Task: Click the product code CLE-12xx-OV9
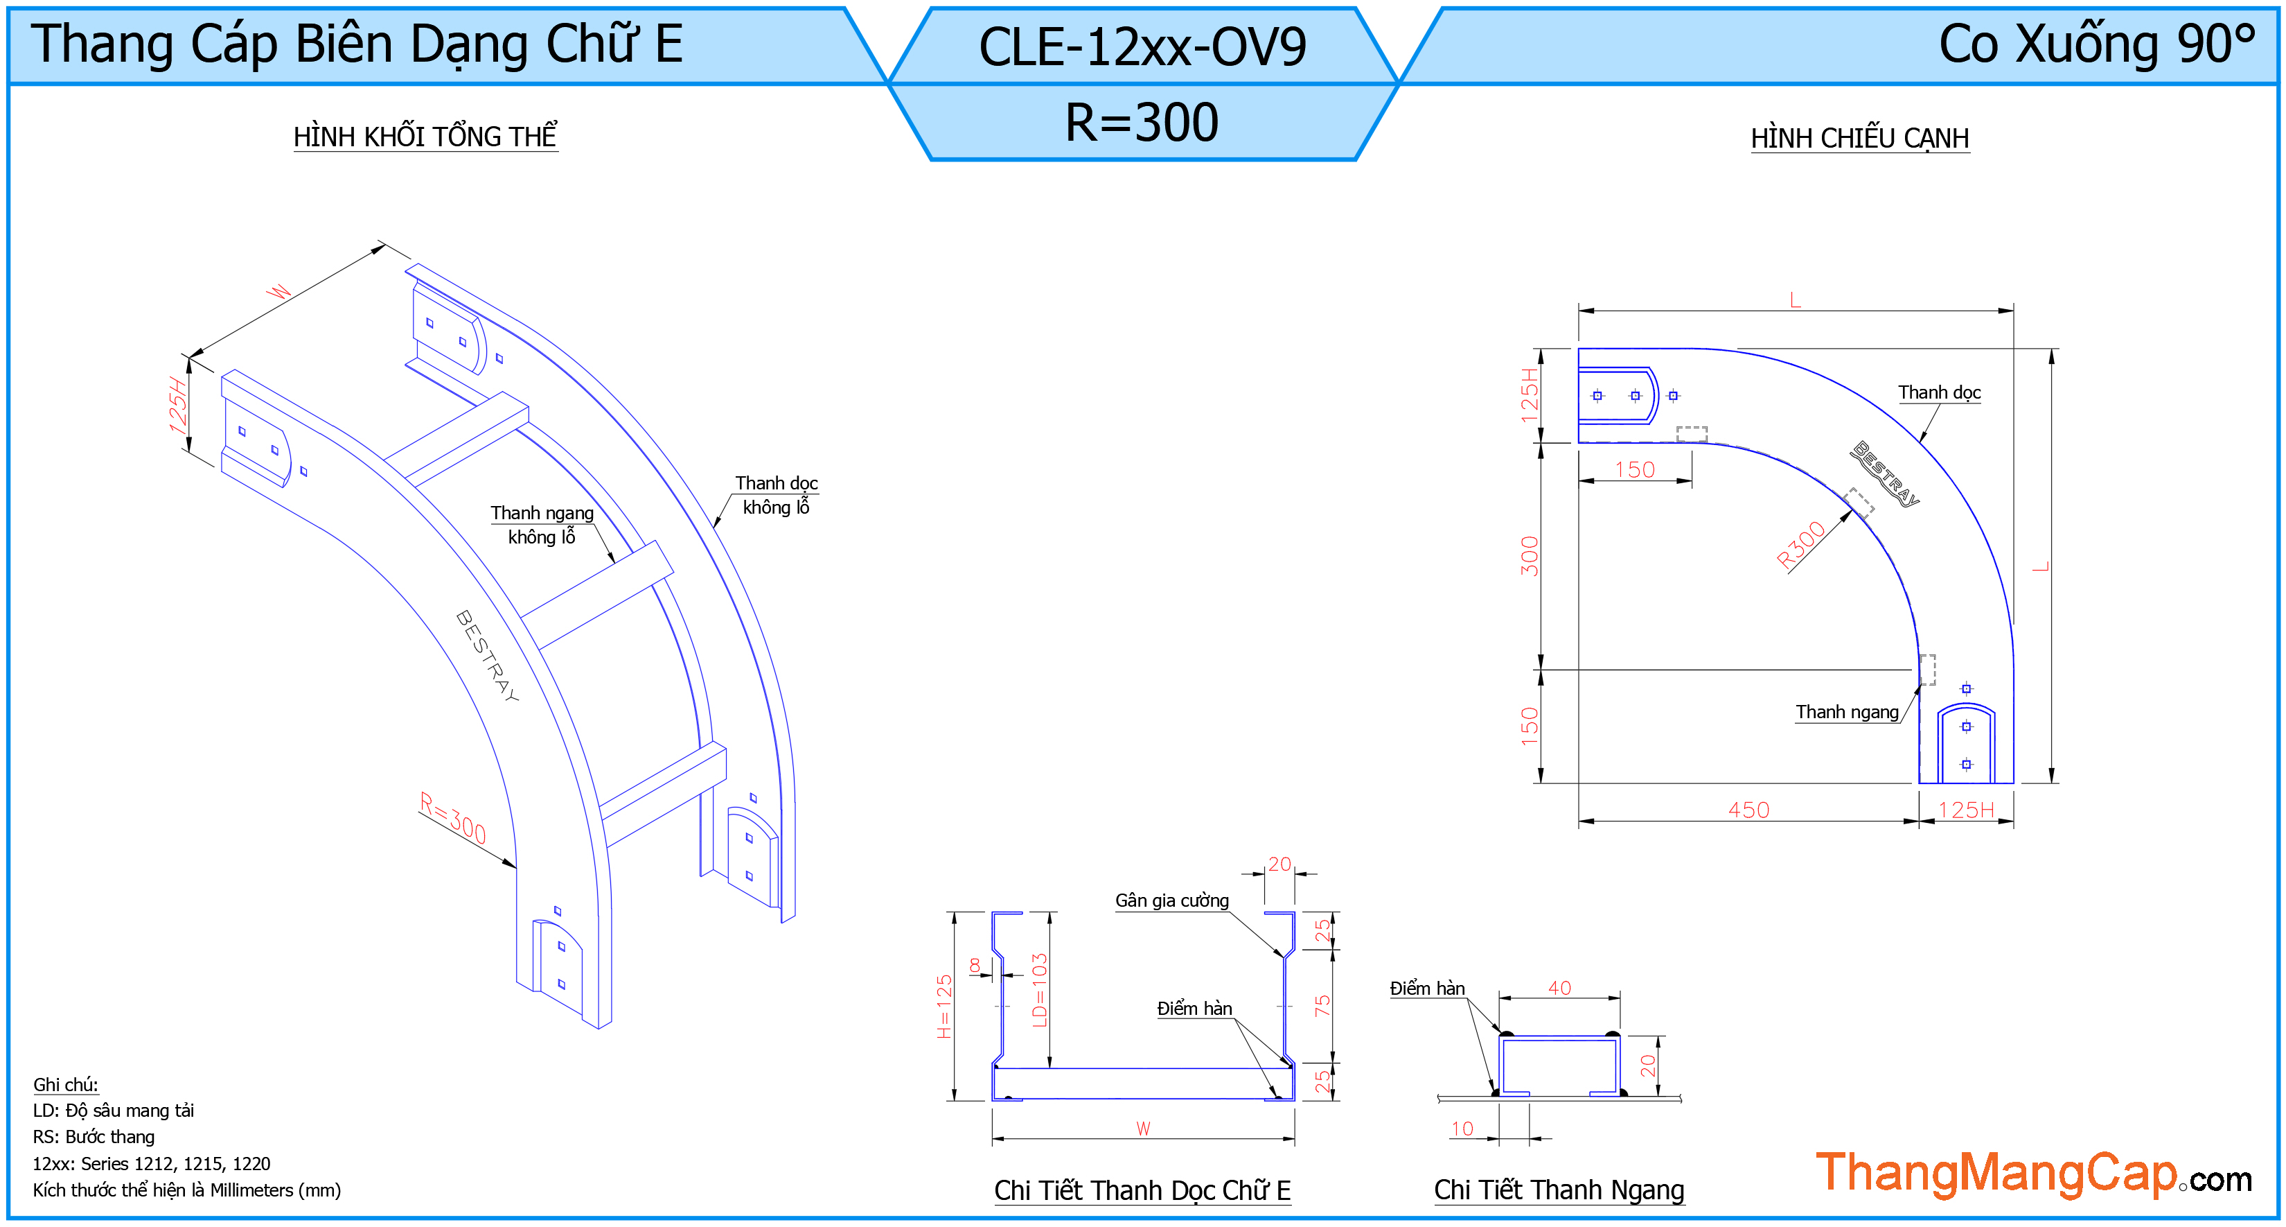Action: click(1142, 47)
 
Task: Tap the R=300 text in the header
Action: click(1142, 123)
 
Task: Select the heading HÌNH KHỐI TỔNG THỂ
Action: click(425, 136)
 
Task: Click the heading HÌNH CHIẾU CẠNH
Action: click(1860, 139)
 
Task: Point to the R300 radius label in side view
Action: click(1800, 544)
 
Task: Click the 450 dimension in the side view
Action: click(1748, 810)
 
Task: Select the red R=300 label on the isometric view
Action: click(452, 818)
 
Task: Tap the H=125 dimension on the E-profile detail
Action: click(944, 1006)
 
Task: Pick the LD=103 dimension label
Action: click(1040, 990)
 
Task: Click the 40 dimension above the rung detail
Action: click(1559, 987)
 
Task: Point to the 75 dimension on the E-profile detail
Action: click(1322, 1005)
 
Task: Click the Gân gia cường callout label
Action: click(1171, 900)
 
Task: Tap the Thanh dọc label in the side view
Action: click(1939, 392)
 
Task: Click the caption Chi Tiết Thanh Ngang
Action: click(1559, 1189)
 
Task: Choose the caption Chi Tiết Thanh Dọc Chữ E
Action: click(1142, 1190)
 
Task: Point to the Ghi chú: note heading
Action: click(66, 1084)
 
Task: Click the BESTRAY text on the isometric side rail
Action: click(487, 656)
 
